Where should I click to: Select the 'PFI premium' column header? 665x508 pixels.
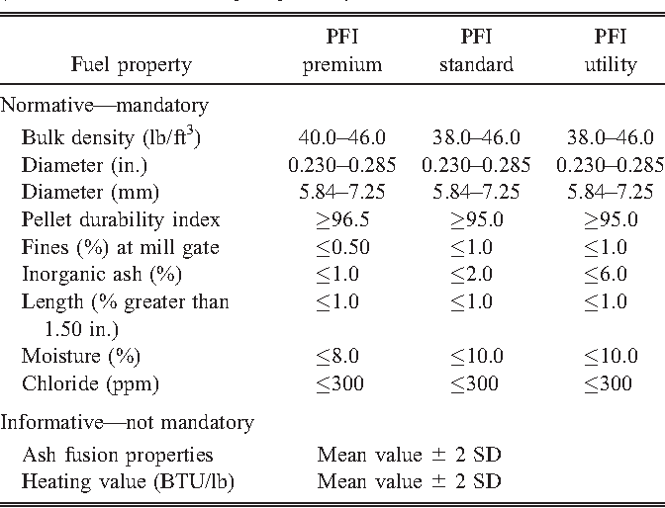point(341,52)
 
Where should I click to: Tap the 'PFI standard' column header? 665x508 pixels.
point(477,52)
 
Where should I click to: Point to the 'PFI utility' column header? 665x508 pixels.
point(610,52)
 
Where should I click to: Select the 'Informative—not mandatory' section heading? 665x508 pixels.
point(127,423)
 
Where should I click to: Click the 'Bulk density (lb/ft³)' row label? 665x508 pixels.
point(111,137)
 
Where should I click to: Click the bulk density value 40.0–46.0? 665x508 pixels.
point(341,138)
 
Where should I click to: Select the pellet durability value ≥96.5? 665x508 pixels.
point(341,218)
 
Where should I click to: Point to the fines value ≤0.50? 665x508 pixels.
point(341,245)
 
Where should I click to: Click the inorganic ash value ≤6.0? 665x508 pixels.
point(610,272)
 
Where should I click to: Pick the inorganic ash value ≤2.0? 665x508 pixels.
point(477,272)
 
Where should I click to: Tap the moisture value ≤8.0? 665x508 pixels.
point(341,356)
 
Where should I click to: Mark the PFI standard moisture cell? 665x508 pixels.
point(477,356)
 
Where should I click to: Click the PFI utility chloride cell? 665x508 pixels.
point(610,382)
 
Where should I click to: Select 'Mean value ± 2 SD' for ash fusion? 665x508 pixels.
point(409,455)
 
